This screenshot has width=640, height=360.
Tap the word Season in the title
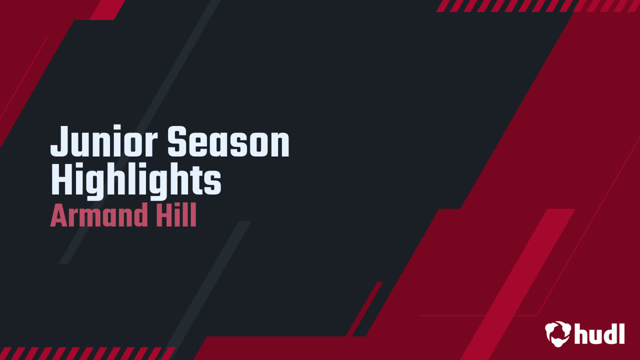click(228, 142)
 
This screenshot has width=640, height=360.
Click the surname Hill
click(175, 216)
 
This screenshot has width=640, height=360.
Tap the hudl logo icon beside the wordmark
click(557, 333)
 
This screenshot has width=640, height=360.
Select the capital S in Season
click(177, 142)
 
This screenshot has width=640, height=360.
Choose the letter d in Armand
click(140, 216)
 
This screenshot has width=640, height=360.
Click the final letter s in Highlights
click(214, 183)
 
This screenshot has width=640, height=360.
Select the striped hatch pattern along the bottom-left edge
click(85, 353)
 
